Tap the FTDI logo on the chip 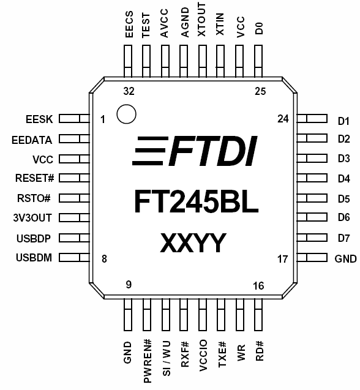(x=195, y=151)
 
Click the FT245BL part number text (x=197, y=201)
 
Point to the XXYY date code (x=193, y=242)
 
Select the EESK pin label (x=39, y=119)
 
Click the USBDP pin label (x=34, y=238)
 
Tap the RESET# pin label (x=34, y=178)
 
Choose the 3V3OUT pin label (x=32, y=218)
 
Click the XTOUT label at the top (x=202, y=20)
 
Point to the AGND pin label (x=185, y=23)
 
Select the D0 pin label (x=259, y=28)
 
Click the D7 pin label (x=344, y=238)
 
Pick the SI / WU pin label (x=166, y=358)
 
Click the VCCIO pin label (x=203, y=356)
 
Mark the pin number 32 (x=129, y=91)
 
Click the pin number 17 (x=283, y=259)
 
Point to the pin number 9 (x=129, y=285)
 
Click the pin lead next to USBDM (x=74, y=257)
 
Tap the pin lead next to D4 (x=312, y=178)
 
